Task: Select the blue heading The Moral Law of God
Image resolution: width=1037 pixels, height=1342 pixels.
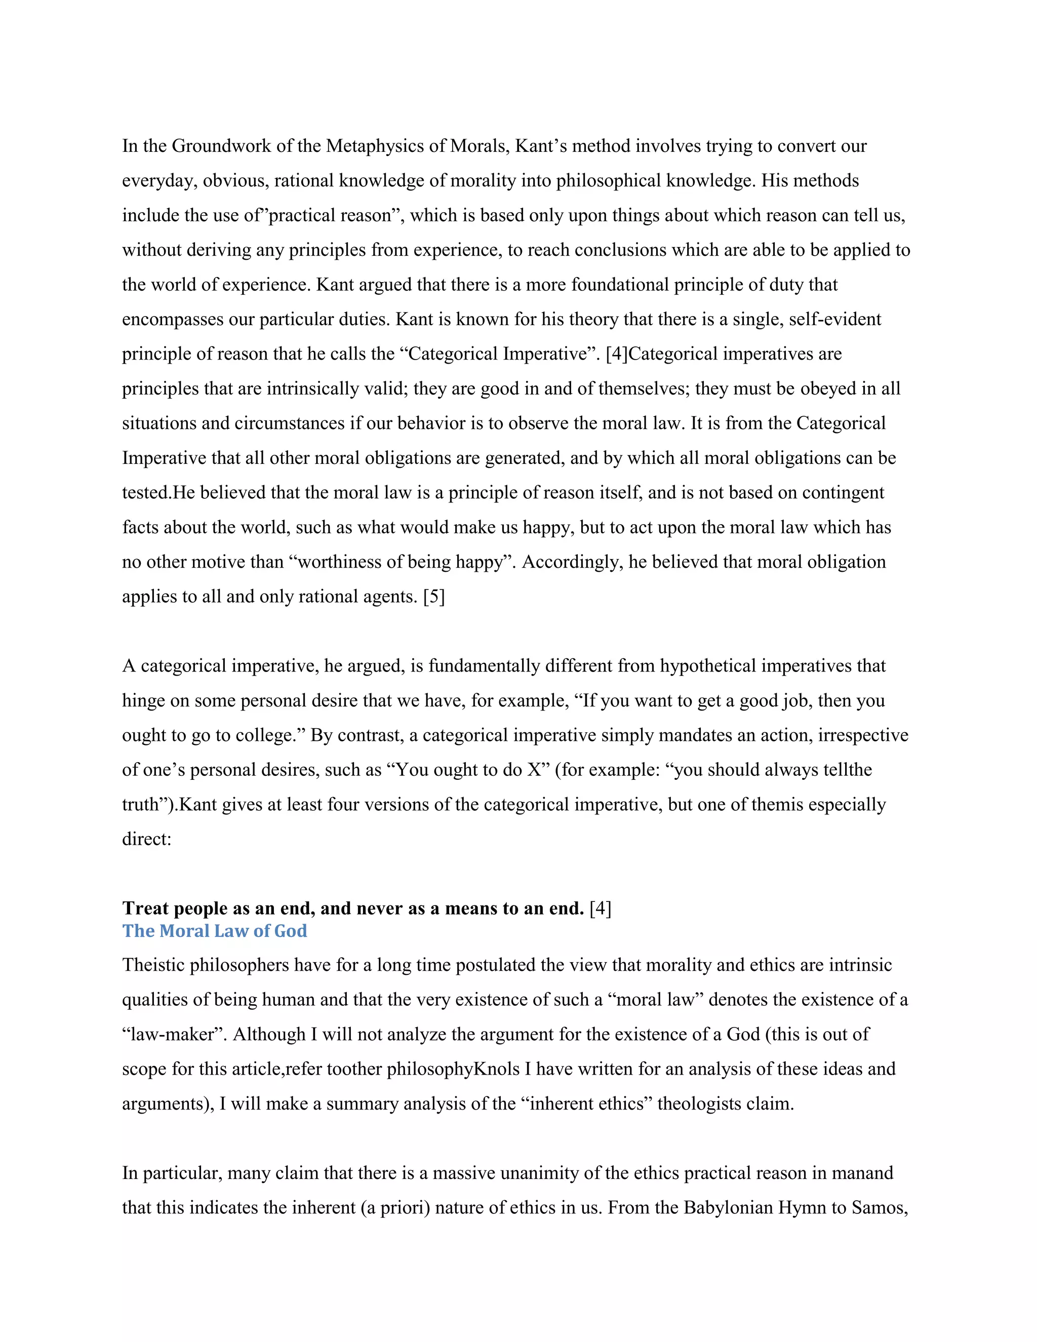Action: pyautogui.click(x=214, y=931)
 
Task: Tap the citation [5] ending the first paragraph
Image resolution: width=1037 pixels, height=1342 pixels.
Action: pyautogui.click(x=434, y=597)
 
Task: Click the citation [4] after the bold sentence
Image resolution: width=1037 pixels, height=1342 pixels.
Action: pyautogui.click(x=600, y=908)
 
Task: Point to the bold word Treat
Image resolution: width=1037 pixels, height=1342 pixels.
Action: pyautogui.click(x=146, y=908)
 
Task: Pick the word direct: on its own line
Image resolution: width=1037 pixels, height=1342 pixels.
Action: pyautogui.click(x=147, y=839)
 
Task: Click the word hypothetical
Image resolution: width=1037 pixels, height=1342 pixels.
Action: pyautogui.click(x=708, y=666)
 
